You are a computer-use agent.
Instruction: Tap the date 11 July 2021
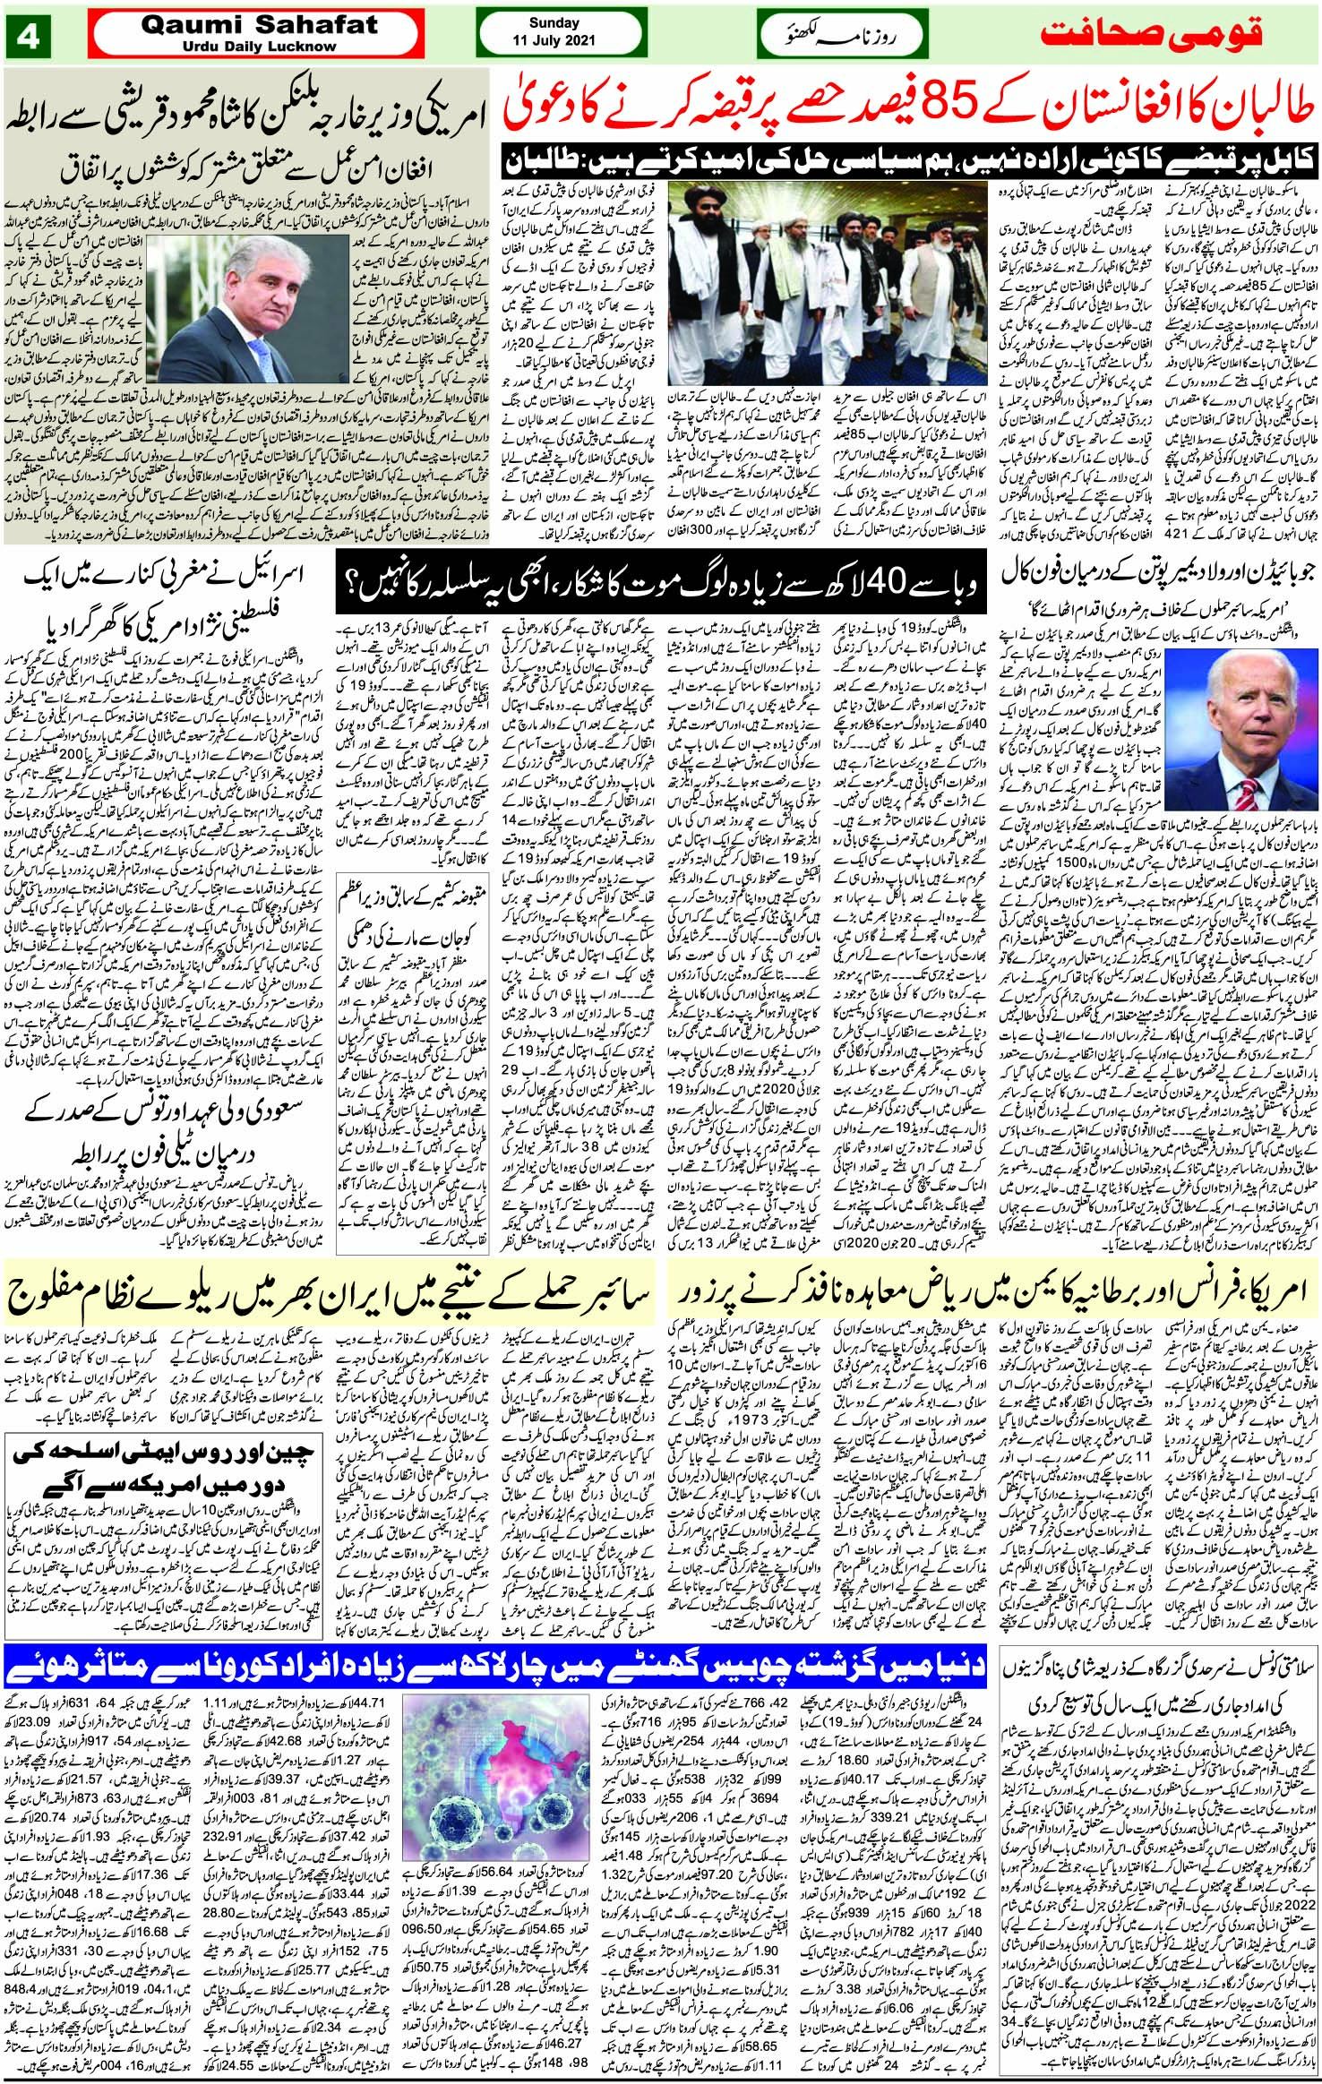(554, 41)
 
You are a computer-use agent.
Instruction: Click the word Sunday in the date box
(554, 23)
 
